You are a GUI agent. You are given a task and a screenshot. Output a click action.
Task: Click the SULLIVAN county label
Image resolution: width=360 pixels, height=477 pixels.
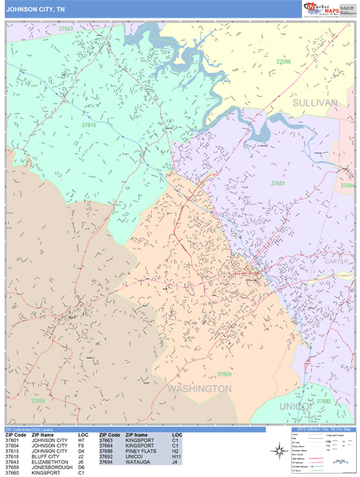tap(315, 103)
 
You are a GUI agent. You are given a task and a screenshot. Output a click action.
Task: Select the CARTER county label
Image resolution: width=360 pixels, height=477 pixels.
tap(337, 260)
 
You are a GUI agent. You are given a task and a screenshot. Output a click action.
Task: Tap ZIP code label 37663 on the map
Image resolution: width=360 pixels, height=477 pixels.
tap(66, 29)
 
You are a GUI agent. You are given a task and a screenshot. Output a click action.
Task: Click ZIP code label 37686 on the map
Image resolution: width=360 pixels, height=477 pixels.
tap(283, 61)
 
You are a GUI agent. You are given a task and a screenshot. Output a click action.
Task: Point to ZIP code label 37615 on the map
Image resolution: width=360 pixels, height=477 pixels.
tap(88, 125)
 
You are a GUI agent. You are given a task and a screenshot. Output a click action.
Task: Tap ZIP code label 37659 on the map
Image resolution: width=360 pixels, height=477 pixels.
tap(37, 401)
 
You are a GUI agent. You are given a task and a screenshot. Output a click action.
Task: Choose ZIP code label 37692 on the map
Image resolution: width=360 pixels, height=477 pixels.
tap(323, 401)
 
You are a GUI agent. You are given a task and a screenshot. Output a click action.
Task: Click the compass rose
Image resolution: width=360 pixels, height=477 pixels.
tap(279, 451)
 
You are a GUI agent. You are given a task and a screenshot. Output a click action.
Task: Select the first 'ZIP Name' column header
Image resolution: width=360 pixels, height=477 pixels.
tap(43, 435)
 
